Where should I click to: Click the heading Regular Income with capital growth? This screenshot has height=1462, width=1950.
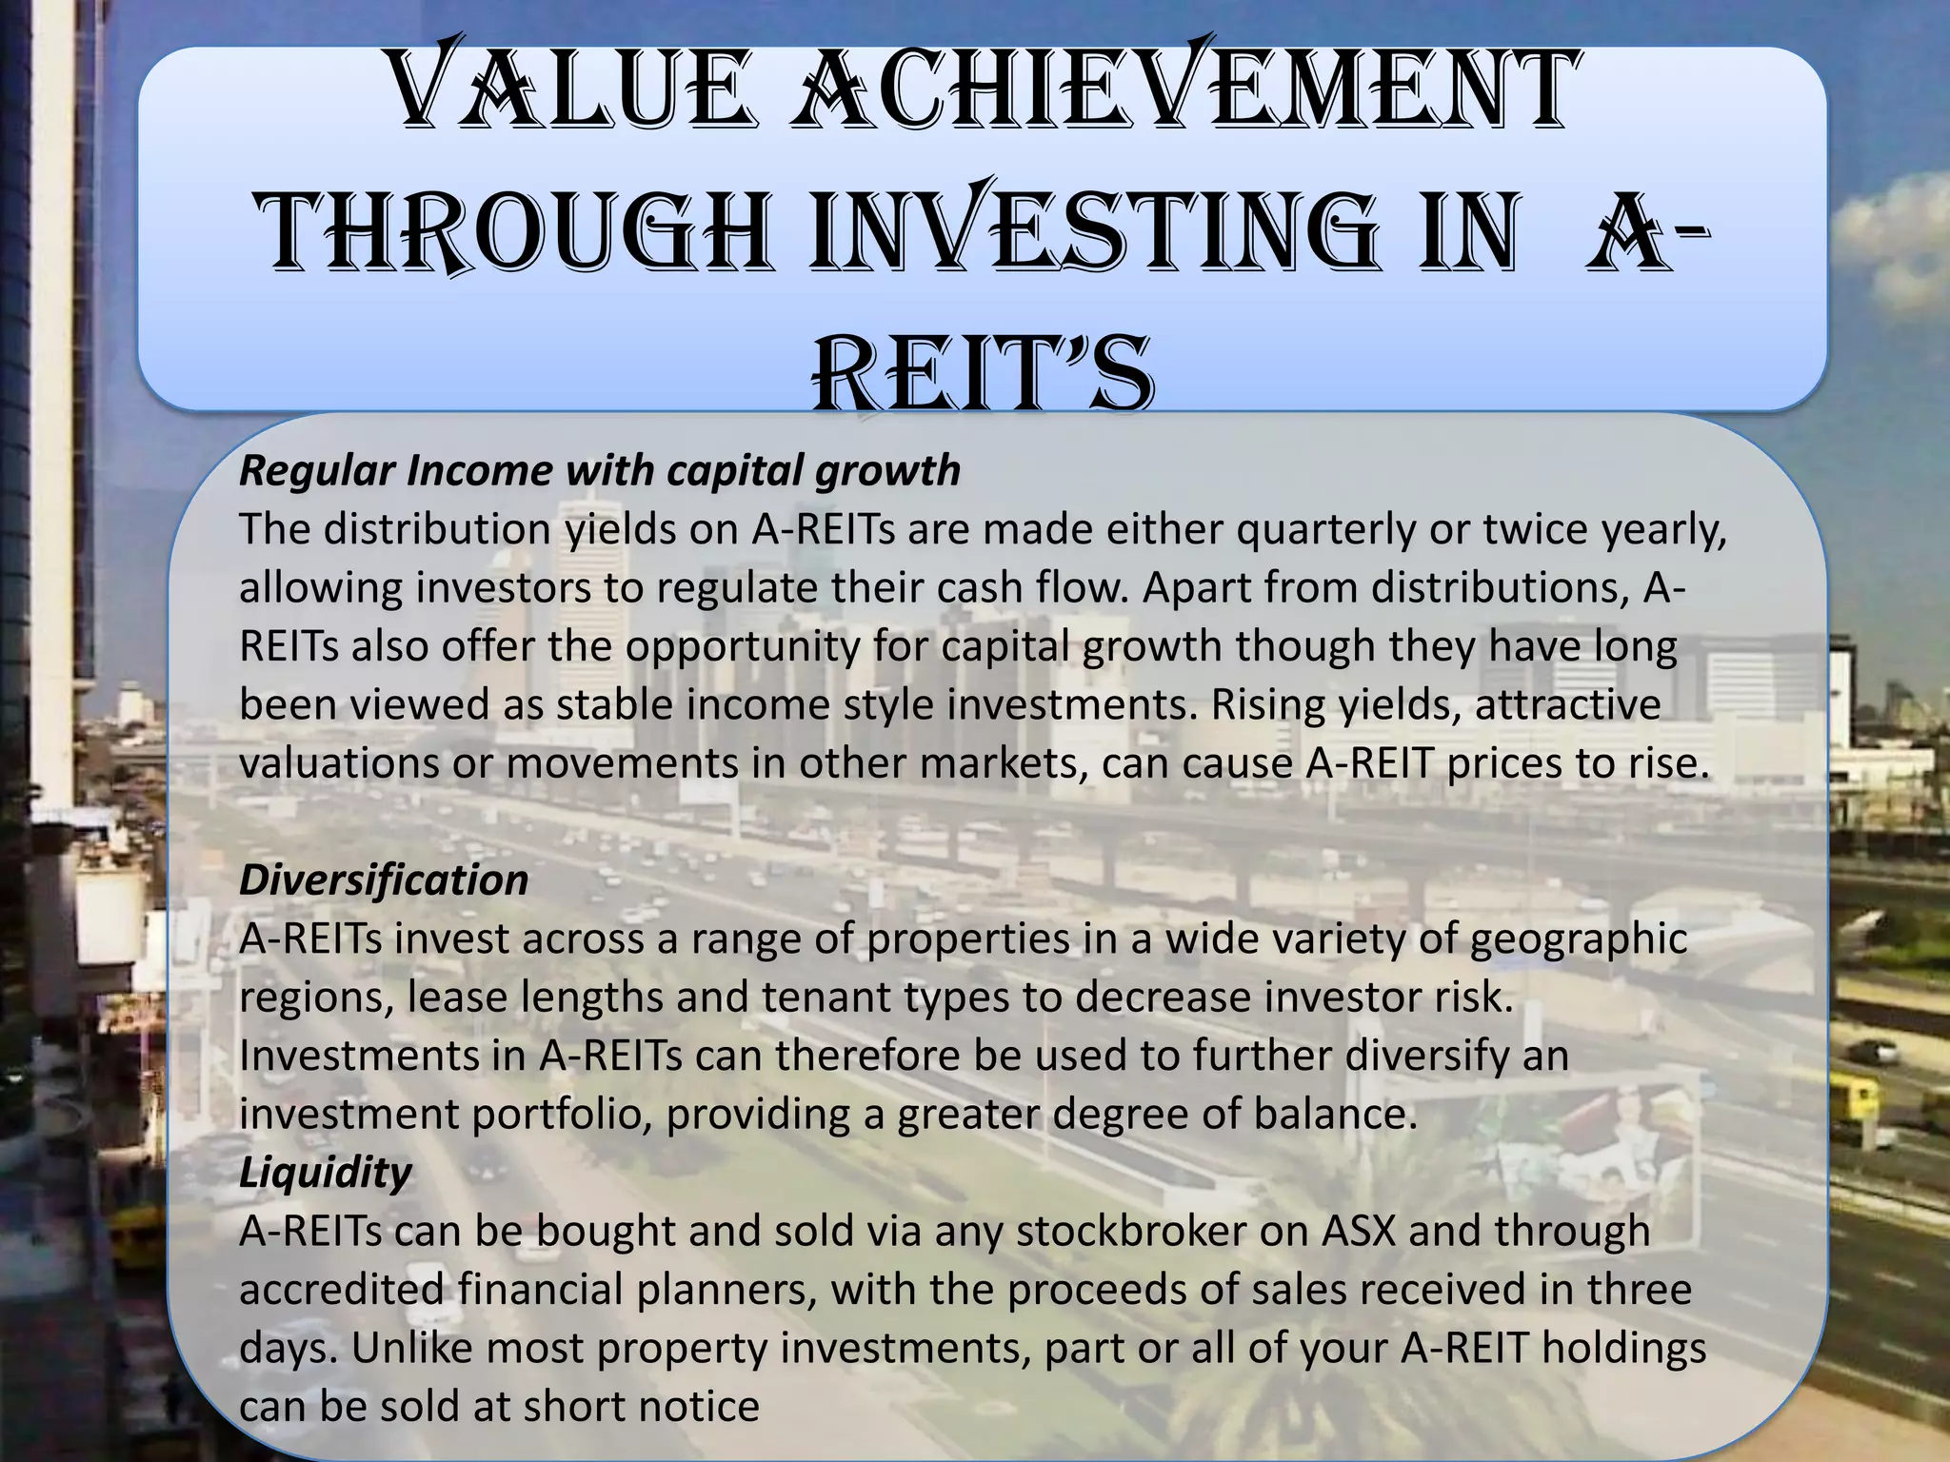[600, 470]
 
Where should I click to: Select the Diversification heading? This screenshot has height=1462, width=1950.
[384, 879]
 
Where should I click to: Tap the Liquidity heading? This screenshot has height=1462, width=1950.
[325, 1172]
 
